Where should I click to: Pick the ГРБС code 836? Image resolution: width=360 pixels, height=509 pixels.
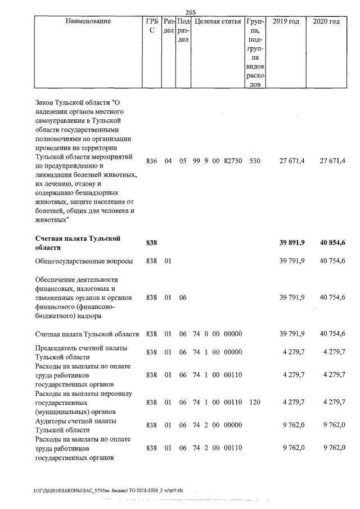151,161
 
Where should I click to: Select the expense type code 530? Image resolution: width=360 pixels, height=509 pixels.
254,161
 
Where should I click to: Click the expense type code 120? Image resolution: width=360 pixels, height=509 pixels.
254,403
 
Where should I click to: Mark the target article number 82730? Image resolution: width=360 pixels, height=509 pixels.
233,161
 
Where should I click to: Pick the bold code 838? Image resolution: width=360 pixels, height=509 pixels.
151,242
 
